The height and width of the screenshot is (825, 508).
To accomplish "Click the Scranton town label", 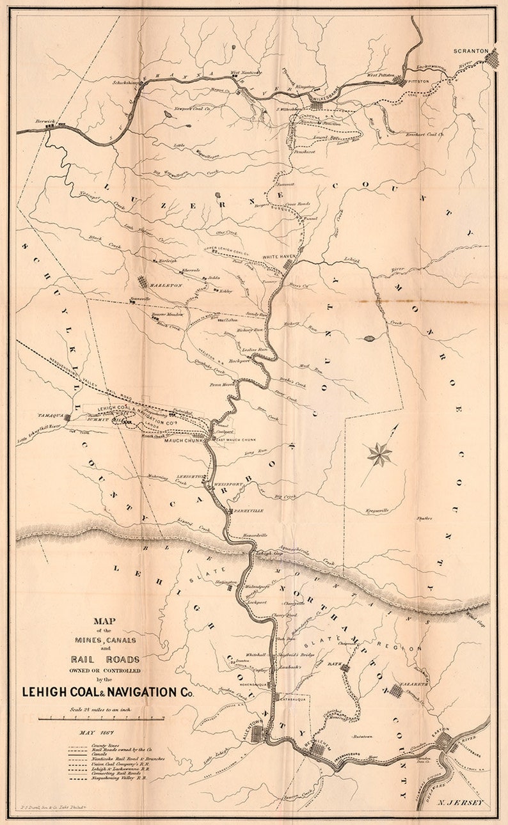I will [x=471, y=51].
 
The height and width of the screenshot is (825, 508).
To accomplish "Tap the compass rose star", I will [x=379, y=455].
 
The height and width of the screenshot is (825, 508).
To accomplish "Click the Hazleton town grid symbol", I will [x=142, y=283].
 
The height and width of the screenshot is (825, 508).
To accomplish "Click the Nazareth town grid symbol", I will [x=395, y=690].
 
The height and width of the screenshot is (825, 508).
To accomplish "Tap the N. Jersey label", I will [x=460, y=802].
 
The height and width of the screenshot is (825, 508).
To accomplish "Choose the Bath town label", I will [x=335, y=666].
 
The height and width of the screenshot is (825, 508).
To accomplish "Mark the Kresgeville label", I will [x=377, y=511].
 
